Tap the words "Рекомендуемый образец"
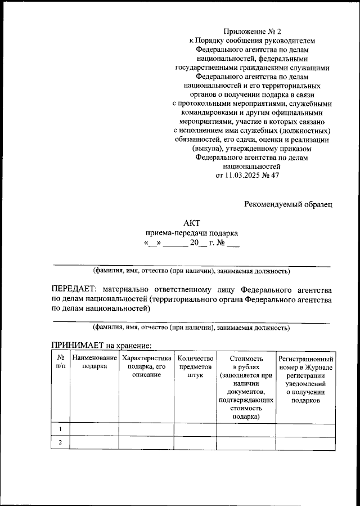pos(289,204)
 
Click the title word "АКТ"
pos(192,223)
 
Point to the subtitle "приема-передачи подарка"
pos(192,233)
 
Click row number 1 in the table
pos(60,429)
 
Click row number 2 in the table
pos(60,443)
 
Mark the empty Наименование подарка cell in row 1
pos(94,429)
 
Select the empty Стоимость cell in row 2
pos(246,443)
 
